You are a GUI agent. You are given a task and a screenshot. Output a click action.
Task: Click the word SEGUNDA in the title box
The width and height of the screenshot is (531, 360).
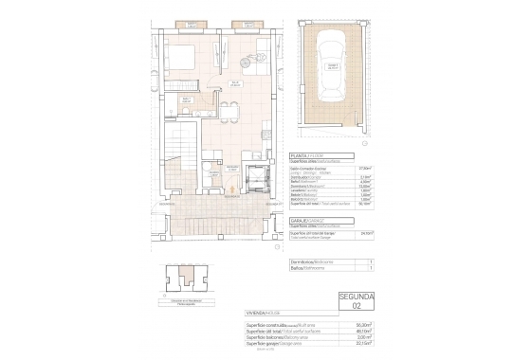(357, 297)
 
